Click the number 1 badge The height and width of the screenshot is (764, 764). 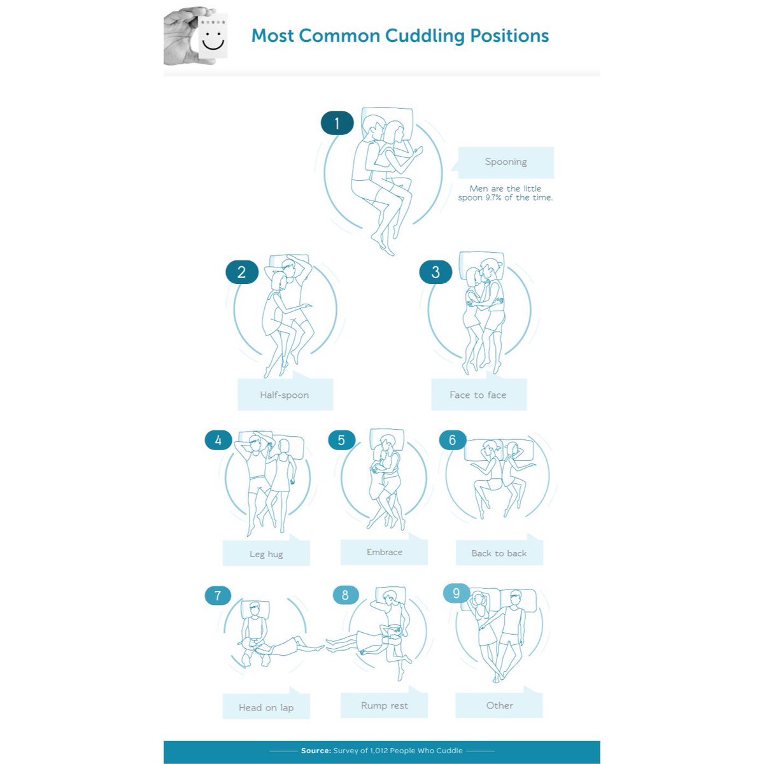[337, 122]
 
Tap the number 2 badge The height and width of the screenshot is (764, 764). [241, 272]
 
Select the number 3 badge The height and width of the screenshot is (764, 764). [435, 272]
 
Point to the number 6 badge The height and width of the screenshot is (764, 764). [453, 440]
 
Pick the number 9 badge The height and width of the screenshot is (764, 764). [456, 593]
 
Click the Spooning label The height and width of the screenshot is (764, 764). [506, 162]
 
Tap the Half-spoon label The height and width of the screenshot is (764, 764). [284, 395]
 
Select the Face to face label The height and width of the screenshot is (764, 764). [478, 395]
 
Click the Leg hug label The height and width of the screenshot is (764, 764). [266, 554]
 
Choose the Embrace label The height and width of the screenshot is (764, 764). [384, 552]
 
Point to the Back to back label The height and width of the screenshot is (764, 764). [499, 553]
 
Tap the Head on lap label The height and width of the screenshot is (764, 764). [266, 707]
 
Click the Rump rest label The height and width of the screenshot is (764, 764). [384, 705]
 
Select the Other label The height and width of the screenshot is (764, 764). [499, 705]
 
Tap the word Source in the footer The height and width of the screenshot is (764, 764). [315, 751]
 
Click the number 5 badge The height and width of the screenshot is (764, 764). [341, 440]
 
